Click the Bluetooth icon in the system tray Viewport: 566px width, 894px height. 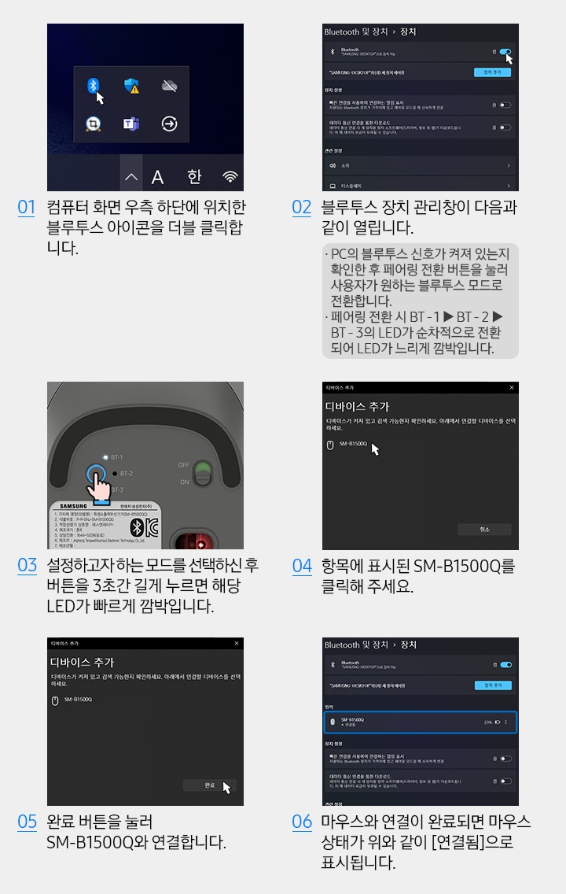93,85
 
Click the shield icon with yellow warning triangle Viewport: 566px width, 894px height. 131,86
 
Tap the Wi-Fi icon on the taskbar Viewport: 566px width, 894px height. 230,177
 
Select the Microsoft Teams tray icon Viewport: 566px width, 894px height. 131,124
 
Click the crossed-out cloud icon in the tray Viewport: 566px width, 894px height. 169,86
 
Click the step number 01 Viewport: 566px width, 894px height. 27,208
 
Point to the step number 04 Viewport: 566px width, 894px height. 302,566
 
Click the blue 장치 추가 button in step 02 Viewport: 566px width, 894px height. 492,72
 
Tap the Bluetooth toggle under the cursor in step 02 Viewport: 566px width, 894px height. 505,52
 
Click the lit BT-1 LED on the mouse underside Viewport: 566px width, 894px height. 105,456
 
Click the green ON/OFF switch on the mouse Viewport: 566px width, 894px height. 204,472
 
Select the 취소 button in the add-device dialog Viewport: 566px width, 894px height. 484,530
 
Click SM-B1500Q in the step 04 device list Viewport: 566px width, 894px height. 353,445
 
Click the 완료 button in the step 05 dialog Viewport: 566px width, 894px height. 209,785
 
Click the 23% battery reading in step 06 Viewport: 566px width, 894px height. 488,722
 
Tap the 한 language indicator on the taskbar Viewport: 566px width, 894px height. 193,177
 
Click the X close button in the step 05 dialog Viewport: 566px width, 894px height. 237,644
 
